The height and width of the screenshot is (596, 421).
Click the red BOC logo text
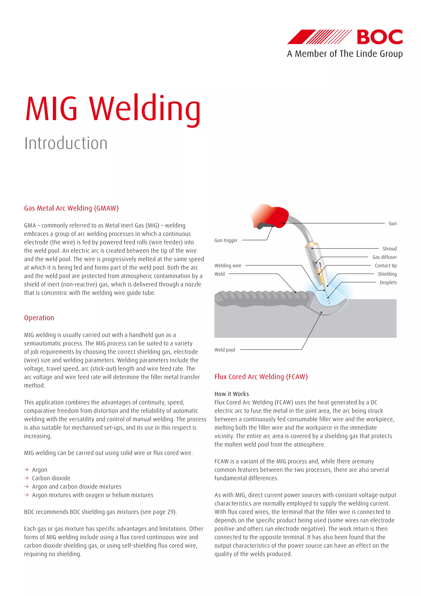coord(380,37)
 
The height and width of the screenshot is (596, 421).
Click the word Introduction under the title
coord(66,143)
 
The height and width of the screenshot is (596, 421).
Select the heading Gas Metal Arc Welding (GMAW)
coord(71,208)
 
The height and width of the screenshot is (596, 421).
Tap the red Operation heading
coord(39,318)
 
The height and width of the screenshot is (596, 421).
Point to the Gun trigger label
coord(226,240)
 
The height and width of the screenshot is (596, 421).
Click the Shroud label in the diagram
coord(389,249)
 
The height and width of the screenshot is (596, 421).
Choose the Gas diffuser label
coord(384,257)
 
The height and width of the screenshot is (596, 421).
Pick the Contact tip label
coord(385,265)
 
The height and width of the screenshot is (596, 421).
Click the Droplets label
coord(388,282)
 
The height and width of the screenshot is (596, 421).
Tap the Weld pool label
coord(224,350)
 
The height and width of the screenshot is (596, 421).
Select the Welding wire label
coord(228,265)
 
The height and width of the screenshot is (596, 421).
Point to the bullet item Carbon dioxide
coord(51,478)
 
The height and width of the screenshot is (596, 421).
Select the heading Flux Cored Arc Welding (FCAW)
coord(261,377)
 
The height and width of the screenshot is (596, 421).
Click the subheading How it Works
coord(231,394)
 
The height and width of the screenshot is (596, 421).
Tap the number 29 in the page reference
coord(170,512)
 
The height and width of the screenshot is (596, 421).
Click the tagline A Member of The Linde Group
coord(345,54)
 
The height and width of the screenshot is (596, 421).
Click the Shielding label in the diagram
coord(387,274)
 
